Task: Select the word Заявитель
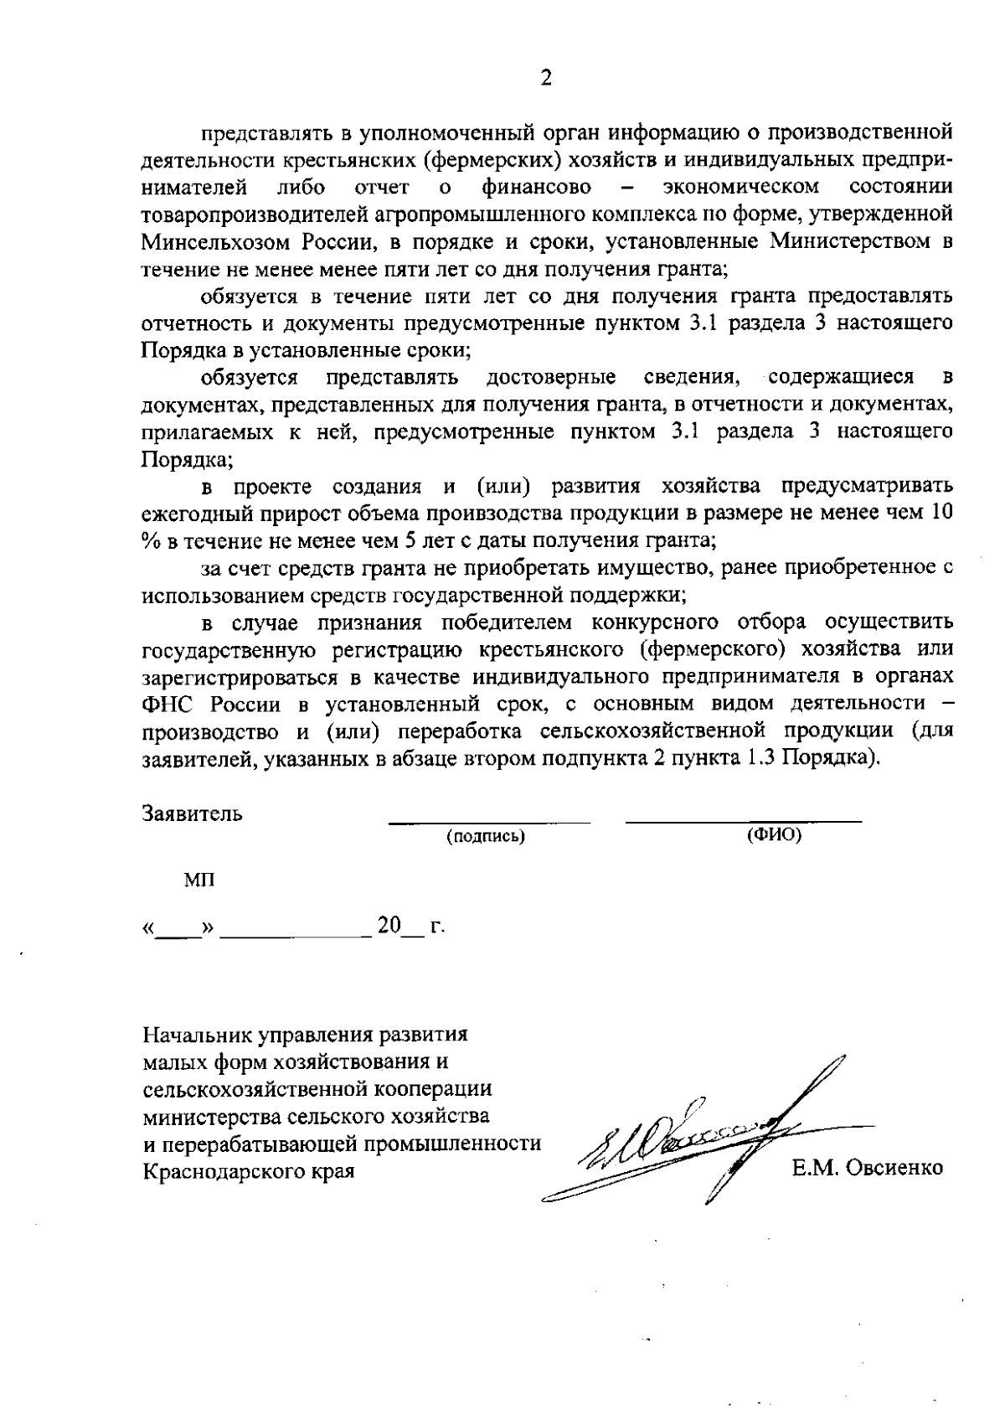click(x=193, y=813)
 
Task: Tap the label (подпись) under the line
click(x=487, y=837)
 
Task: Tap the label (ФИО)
click(x=773, y=835)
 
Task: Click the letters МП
click(x=198, y=880)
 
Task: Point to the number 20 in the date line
click(x=389, y=926)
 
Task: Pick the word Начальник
click(x=198, y=1035)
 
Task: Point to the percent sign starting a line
click(x=152, y=540)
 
